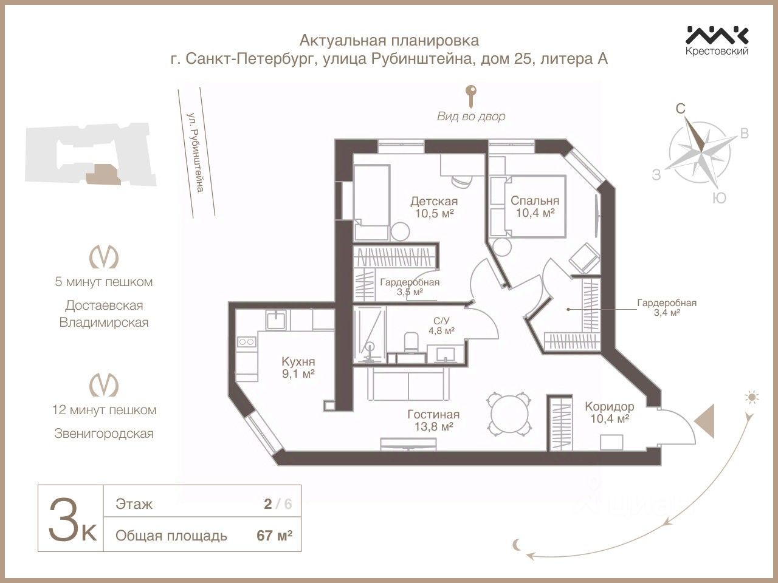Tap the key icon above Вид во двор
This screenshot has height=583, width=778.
point(471,96)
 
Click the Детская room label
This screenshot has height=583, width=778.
point(434,202)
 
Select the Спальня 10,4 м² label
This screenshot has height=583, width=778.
point(535,206)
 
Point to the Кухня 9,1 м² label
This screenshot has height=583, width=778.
point(298,367)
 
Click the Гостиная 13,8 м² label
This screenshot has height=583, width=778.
point(433,420)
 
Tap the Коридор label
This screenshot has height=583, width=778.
point(610,406)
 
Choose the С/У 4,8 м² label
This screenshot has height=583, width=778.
point(441,326)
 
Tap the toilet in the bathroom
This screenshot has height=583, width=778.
point(411,341)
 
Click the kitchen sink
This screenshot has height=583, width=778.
point(276,320)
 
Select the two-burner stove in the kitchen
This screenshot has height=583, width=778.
point(246,341)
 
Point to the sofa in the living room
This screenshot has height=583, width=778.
point(408,384)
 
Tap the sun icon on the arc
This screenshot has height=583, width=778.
point(751,397)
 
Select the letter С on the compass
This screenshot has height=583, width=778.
point(681,109)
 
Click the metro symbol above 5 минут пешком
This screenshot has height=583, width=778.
point(103,257)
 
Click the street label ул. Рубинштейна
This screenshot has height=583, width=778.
point(196,152)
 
